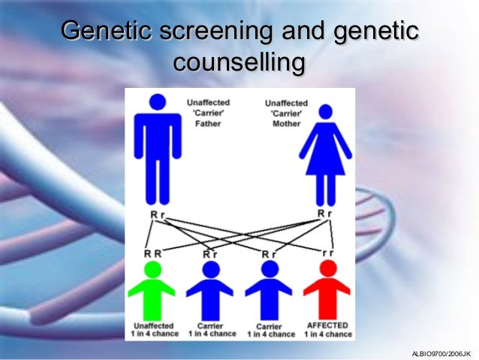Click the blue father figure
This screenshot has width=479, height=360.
(158, 150)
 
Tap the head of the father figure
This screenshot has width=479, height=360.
(158, 101)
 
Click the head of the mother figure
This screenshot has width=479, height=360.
(325, 112)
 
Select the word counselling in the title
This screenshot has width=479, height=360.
(239, 62)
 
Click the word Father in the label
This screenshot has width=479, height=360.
(207, 123)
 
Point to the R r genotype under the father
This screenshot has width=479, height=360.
(156, 215)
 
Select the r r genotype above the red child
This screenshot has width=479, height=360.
(328, 253)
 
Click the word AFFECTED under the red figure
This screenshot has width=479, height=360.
(327, 325)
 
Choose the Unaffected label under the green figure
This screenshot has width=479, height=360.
(153, 325)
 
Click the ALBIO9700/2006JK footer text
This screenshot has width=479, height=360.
(441, 352)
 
